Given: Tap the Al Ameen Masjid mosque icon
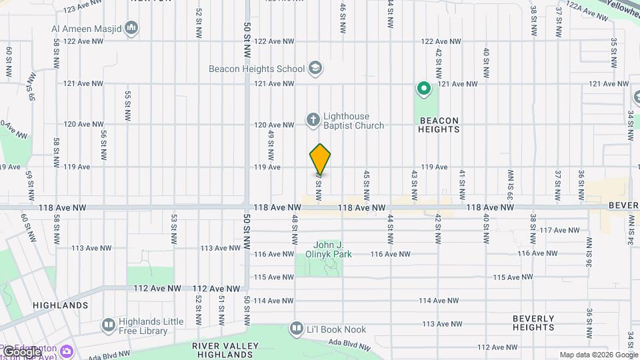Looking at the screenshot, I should (x=132, y=28).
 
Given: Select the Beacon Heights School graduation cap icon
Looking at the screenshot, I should (x=315, y=68).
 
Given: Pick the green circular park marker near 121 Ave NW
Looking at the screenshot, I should (x=423, y=88).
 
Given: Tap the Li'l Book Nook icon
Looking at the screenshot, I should (x=296, y=328).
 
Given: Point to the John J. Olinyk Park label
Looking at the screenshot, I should (x=332, y=249).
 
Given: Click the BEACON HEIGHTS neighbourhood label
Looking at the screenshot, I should (x=439, y=125).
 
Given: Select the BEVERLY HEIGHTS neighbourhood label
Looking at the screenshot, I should (x=533, y=323).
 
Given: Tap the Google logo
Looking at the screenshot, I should (x=22, y=351).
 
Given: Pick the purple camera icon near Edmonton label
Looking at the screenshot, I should (x=67, y=351).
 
